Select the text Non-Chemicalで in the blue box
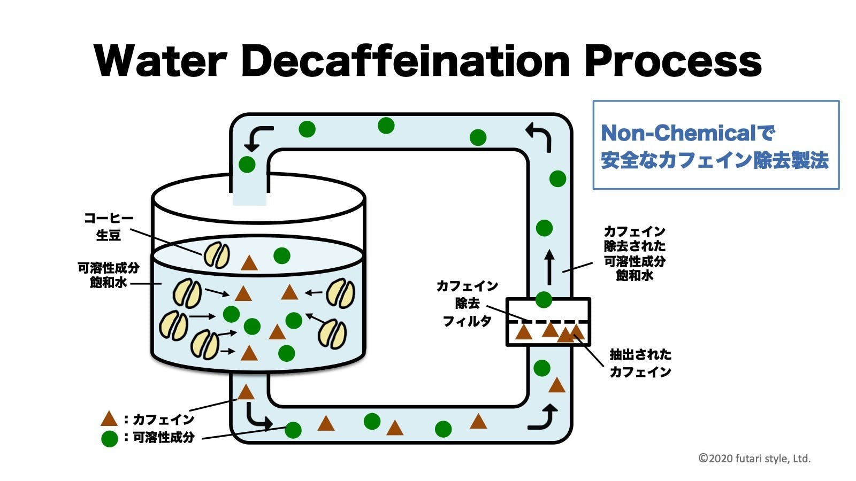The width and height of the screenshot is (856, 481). pyautogui.click(x=688, y=133)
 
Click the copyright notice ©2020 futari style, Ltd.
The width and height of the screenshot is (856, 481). pyautogui.click(x=754, y=459)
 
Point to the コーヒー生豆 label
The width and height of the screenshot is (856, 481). pyautogui.click(x=109, y=227)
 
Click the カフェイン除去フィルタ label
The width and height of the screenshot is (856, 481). pyautogui.click(x=467, y=303)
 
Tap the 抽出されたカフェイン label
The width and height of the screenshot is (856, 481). pyautogui.click(x=640, y=363)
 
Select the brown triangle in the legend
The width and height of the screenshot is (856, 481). pyautogui.click(x=109, y=419)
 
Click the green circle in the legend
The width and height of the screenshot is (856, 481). pyautogui.click(x=109, y=438)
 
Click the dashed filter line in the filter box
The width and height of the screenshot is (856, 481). pyautogui.click(x=548, y=322)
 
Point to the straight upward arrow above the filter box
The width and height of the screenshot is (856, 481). pyautogui.click(x=549, y=268)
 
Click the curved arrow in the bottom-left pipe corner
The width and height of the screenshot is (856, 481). pyautogui.click(x=258, y=416)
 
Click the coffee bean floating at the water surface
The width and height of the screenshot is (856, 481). pyautogui.click(x=217, y=255)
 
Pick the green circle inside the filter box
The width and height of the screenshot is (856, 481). pyautogui.click(x=544, y=300)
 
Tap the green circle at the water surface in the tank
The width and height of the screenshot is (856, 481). pyautogui.click(x=282, y=255)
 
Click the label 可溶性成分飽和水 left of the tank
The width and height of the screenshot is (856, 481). pyautogui.click(x=109, y=275)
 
